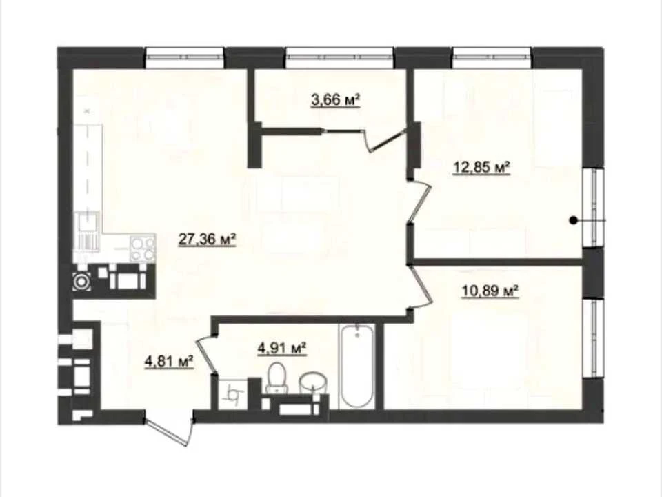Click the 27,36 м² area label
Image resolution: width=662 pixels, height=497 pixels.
click(x=207, y=240)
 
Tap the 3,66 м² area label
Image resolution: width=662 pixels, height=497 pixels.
click(x=336, y=101)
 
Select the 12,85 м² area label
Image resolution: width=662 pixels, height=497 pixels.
click(x=482, y=167)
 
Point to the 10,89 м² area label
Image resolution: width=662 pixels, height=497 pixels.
click(x=490, y=291)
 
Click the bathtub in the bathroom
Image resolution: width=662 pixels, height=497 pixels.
click(x=357, y=367)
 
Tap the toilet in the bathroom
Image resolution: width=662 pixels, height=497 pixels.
click(x=277, y=378)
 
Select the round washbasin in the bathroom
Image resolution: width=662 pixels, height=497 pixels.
click(x=312, y=383)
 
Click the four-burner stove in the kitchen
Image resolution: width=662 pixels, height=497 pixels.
click(x=142, y=249)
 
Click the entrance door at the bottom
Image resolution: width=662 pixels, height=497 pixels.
click(x=169, y=431)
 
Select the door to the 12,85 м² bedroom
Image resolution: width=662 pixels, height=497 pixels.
click(x=420, y=200)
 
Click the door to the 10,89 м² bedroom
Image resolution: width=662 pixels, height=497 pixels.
click(x=421, y=286)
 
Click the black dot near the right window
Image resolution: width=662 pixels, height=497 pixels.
click(x=573, y=220)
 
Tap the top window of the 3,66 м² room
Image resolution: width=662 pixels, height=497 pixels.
click(x=339, y=57)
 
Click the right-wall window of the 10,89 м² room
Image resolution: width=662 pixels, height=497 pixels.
click(x=594, y=338)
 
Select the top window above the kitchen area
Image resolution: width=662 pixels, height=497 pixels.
click(x=185, y=57)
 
